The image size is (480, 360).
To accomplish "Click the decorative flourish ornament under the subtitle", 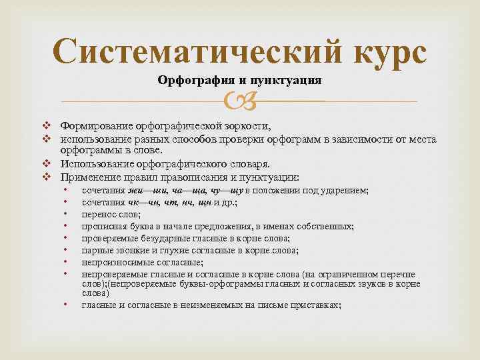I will pyautogui.click(x=239, y=101).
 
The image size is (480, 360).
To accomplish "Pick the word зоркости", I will pyautogui.click(x=247, y=127).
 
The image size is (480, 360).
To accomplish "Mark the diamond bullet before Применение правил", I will pyautogui.click(x=47, y=177).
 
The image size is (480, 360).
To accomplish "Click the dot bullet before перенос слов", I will pyautogui.click(x=66, y=215).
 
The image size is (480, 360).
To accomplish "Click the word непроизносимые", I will pyautogui.click(x=115, y=263).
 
